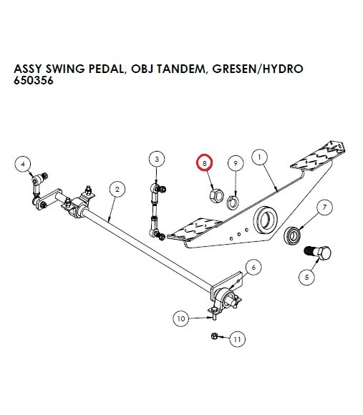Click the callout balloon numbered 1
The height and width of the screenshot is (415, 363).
coord(259,157)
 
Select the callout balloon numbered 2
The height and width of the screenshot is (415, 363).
coord(116,189)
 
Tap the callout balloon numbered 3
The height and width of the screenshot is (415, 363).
coord(157,159)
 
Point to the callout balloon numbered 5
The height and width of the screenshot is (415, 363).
coord(309,278)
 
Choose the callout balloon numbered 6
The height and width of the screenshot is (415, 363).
coord(253,268)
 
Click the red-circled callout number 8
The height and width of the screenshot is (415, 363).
coord(205,163)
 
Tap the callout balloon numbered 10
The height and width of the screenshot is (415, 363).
coord(181,318)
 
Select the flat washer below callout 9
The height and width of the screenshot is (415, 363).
coord(233,201)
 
